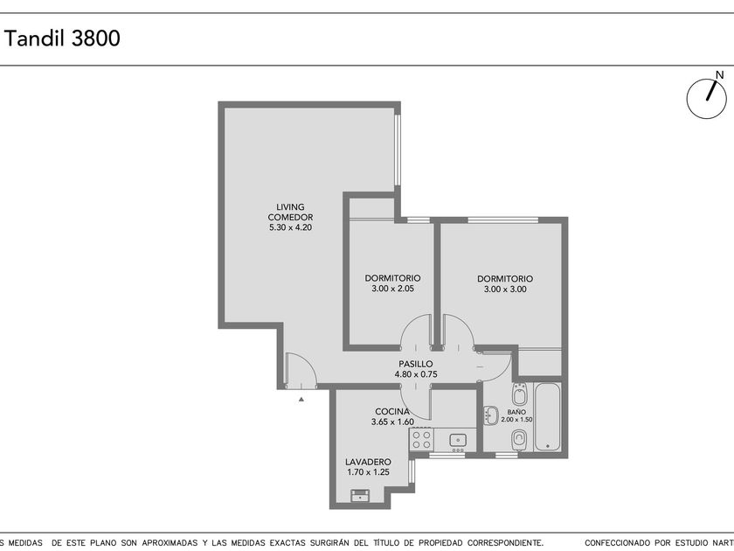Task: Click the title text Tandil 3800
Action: click(62, 38)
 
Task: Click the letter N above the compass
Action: click(719, 74)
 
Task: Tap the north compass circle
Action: click(706, 99)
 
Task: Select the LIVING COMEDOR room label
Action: click(290, 212)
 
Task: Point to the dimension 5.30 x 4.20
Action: click(290, 227)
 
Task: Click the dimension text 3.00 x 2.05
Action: click(392, 289)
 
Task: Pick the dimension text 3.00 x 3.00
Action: click(505, 289)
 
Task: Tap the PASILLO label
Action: click(416, 364)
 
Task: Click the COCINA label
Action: click(392, 411)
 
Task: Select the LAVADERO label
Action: click(369, 462)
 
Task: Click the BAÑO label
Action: click(516, 412)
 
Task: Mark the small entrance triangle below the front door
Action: click(301, 399)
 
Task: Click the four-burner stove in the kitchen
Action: click(421, 440)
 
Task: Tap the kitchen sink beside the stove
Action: click(458, 441)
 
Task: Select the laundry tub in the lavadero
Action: click(360, 495)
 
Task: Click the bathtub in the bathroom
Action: click(547, 417)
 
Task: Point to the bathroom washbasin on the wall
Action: click(490, 415)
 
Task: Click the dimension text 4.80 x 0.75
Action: click(416, 374)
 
